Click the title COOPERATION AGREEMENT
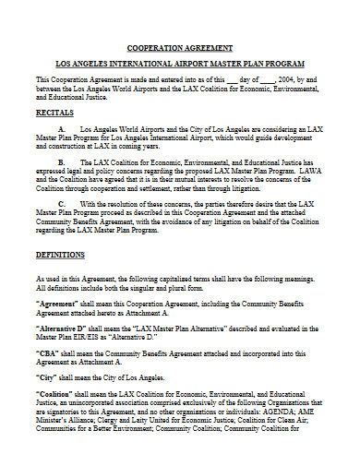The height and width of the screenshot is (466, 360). (x=180, y=46)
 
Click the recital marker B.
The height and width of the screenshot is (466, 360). (x=61, y=161)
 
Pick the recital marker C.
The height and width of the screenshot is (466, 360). (x=61, y=202)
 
